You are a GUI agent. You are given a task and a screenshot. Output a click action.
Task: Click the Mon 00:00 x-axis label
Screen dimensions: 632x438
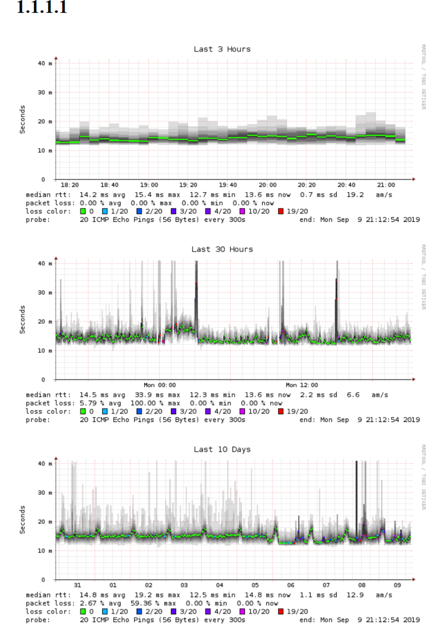160,385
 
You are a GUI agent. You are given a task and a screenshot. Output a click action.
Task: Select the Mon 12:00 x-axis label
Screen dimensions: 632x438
302,385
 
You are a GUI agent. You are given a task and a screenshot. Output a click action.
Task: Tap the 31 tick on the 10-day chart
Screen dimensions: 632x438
77,585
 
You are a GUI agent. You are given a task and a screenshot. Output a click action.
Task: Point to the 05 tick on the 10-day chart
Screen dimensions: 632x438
255,585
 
